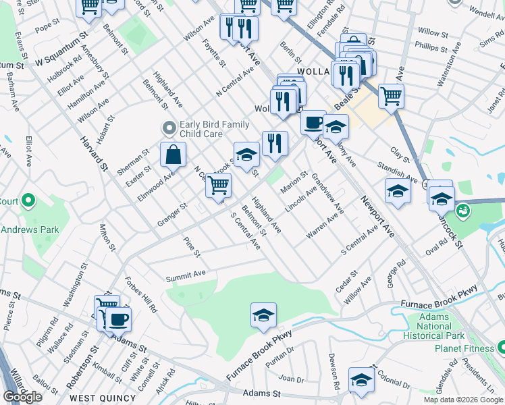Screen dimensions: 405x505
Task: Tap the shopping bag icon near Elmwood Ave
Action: (x=174, y=155)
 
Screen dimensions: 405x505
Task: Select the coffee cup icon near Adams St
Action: (x=119, y=319)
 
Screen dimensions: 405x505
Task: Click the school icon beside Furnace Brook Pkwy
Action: (x=263, y=315)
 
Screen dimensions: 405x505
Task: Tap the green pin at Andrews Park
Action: (x=28, y=200)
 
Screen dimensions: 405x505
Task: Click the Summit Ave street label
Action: (x=186, y=276)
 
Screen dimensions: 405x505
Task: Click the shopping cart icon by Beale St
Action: (x=391, y=96)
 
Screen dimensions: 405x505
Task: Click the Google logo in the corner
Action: (x=23, y=397)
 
